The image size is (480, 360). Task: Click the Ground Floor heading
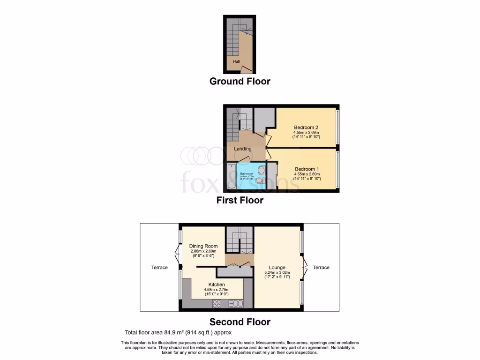pos(240,81)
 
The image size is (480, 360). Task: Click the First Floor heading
pos(240,200)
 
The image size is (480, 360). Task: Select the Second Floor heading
pos(240,322)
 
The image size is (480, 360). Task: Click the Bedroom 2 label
pos(306,127)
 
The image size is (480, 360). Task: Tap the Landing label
pos(243,149)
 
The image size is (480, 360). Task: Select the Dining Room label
pos(203,246)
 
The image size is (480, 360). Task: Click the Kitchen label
pos(217,285)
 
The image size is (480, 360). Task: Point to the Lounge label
pos(277,268)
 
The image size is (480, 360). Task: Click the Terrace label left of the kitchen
pos(159,267)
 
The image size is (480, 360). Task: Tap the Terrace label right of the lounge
pos(321,267)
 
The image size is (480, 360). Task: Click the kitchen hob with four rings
pos(217,303)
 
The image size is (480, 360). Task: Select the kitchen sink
pos(236,303)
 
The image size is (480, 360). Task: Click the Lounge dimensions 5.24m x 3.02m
pos(277,272)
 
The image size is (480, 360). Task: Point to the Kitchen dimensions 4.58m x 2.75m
pos(217,290)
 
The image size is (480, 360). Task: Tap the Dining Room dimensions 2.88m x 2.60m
pos(203,251)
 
